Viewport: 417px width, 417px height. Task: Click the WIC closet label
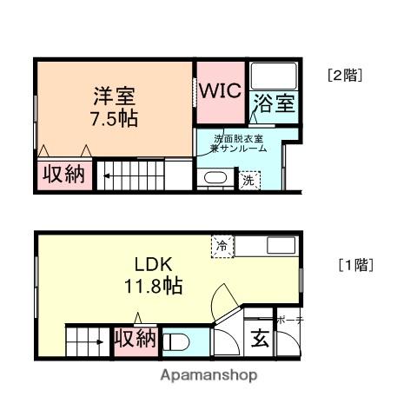pyautogui.click(x=221, y=90)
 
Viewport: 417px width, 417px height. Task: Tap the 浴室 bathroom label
pyautogui.click(x=275, y=106)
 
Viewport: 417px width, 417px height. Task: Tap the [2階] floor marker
pyautogui.click(x=345, y=75)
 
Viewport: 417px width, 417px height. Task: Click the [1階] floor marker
pyautogui.click(x=355, y=266)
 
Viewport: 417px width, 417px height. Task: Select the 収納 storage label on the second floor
pyautogui.click(x=63, y=174)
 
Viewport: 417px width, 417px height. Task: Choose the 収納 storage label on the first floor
pyautogui.click(x=136, y=339)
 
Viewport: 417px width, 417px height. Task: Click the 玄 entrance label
pyautogui.click(x=260, y=339)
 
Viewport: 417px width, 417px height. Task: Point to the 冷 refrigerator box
pyautogui.click(x=222, y=246)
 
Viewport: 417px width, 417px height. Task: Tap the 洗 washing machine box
pyautogui.click(x=249, y=181)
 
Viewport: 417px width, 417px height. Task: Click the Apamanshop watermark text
pyautogui.click(x=209, y=376)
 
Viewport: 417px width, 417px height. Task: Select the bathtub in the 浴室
pyautogui.click(x=274, y=78)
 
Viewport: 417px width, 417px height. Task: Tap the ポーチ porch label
pyautogui.click(x=289, y=321)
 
